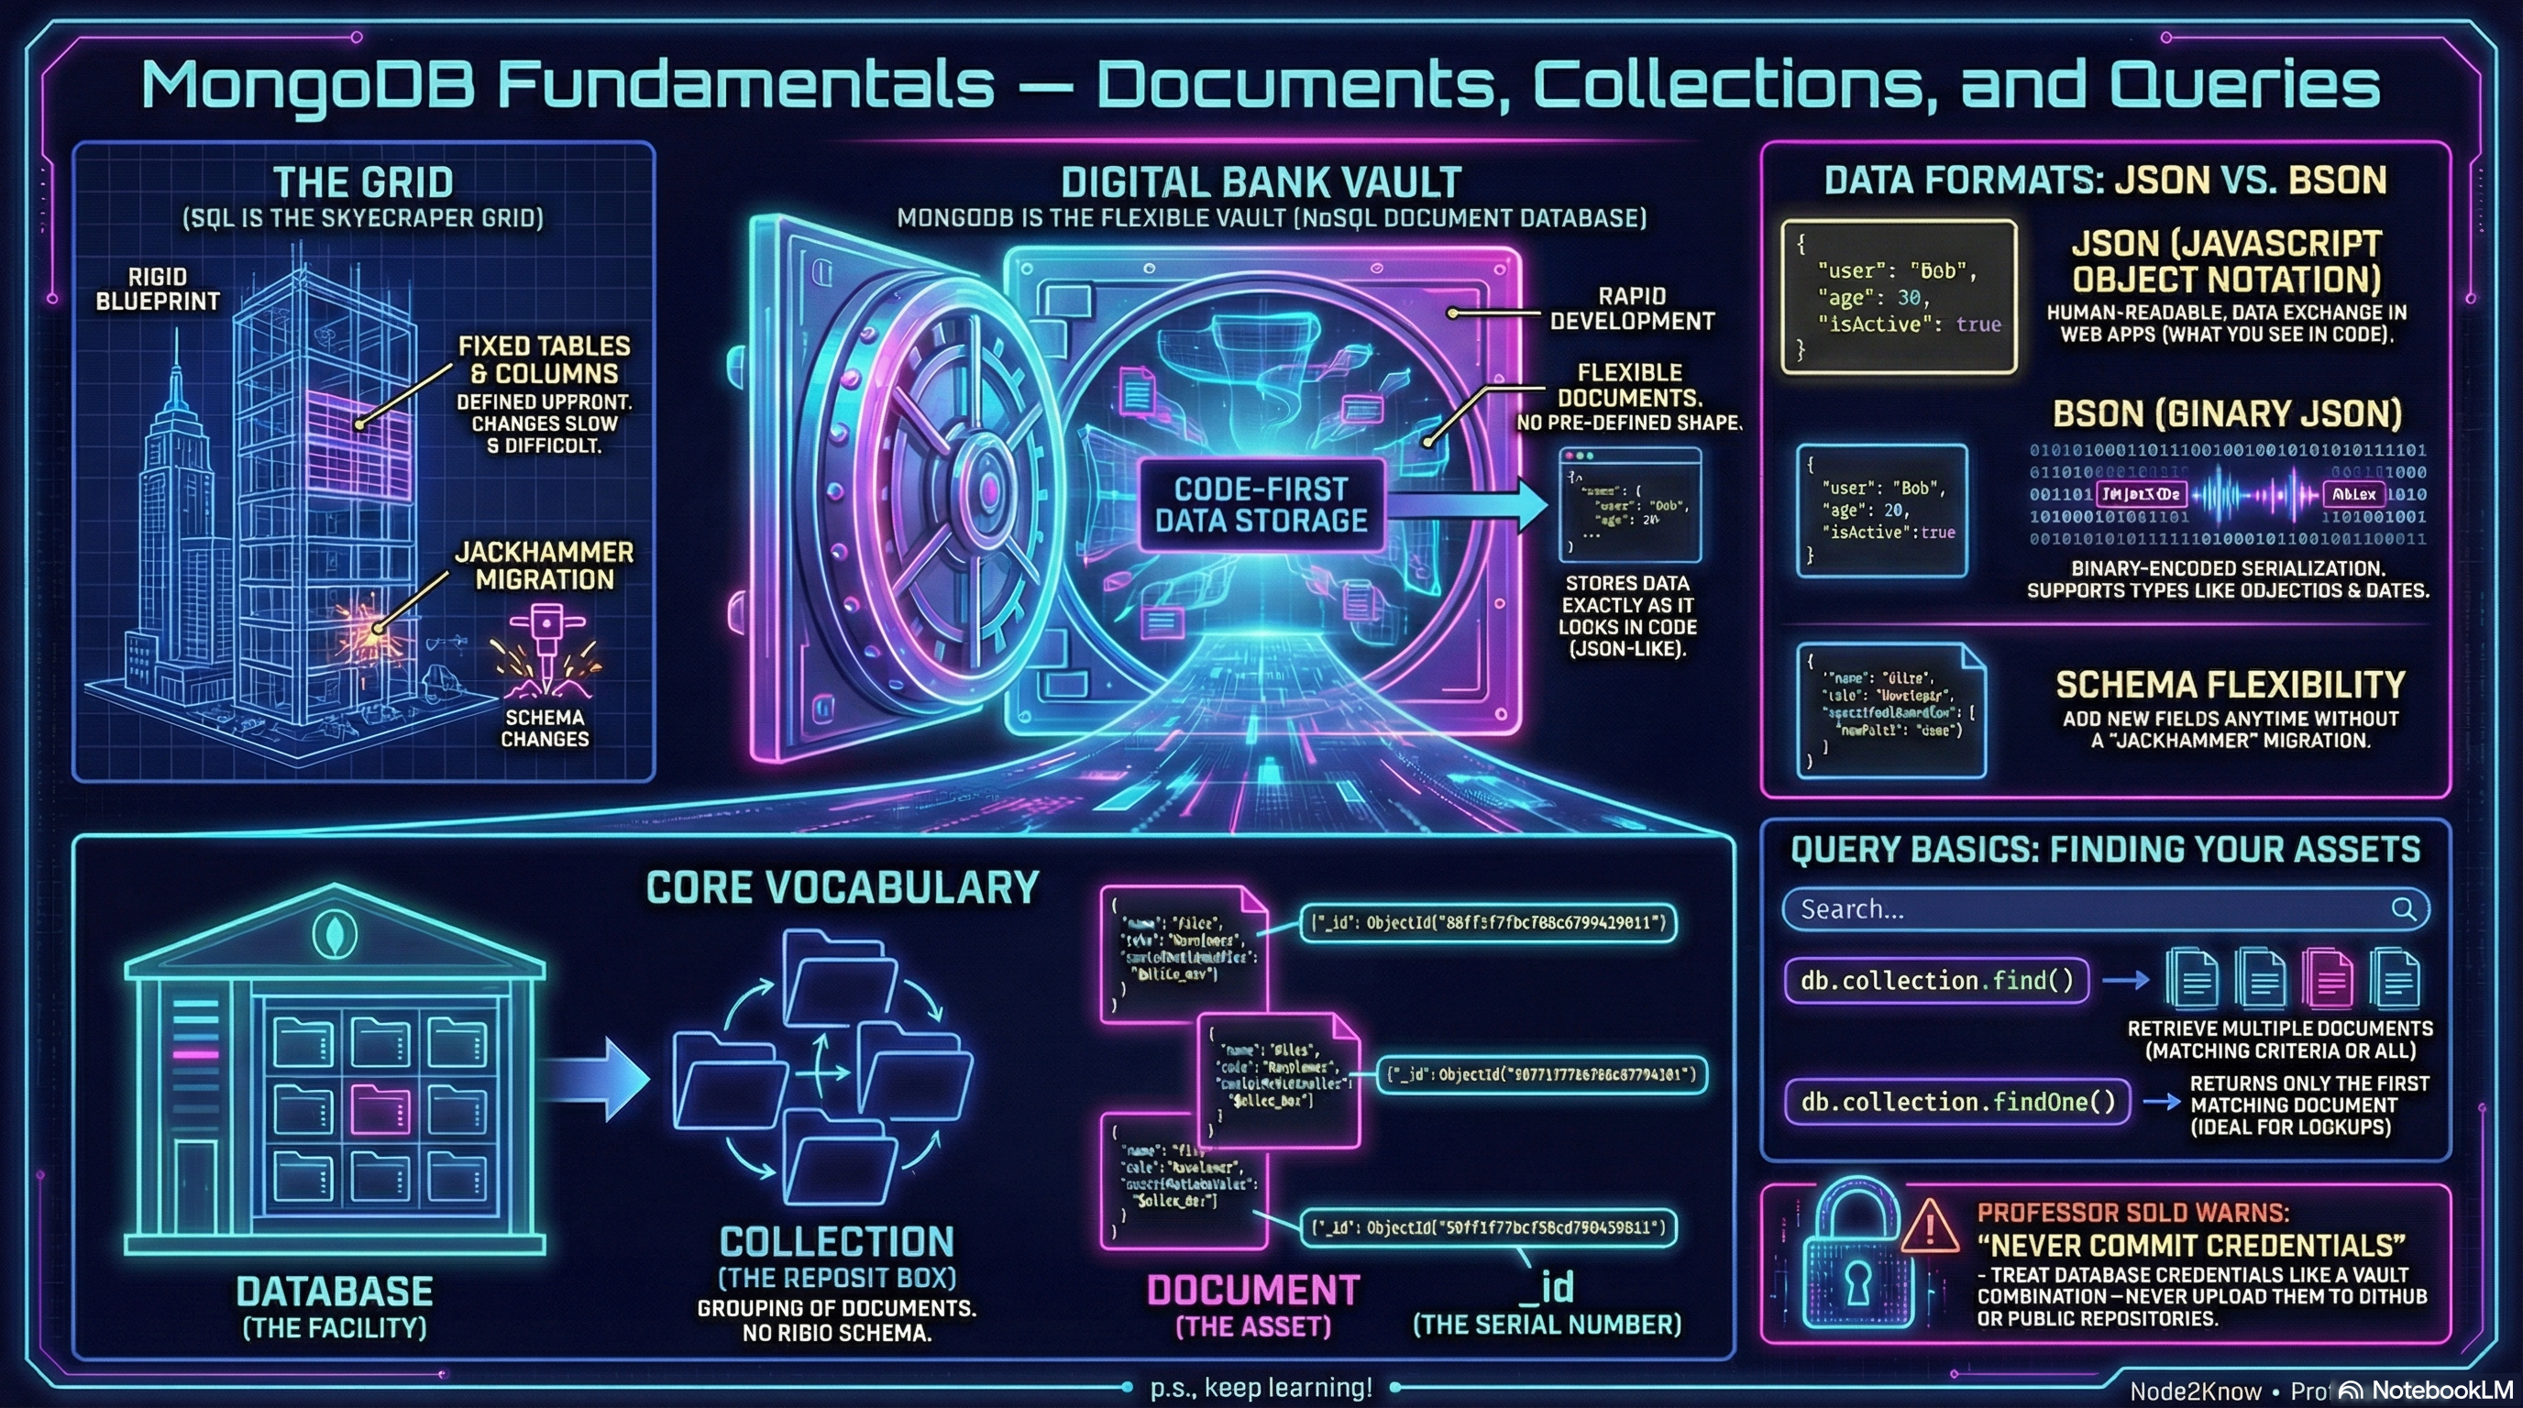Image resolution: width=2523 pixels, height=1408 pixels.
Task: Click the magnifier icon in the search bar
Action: (2403, 908)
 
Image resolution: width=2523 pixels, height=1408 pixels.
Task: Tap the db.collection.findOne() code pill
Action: (1957, 1102)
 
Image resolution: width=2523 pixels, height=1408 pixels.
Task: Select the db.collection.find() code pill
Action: (1936, 980)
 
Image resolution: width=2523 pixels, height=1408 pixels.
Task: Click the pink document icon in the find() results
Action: (2327, 978)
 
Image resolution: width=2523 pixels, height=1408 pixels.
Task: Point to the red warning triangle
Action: (1930, 1226)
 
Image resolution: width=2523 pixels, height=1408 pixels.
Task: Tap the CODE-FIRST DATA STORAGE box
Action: (1261, 504)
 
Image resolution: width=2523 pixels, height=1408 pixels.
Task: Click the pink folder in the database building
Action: (380, 1109)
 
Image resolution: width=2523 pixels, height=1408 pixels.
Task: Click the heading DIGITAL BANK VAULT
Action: (1261, 182)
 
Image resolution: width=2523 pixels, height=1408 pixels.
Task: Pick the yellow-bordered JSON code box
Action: (1898, 297)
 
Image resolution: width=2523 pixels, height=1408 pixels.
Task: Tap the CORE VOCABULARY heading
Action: (843, 887)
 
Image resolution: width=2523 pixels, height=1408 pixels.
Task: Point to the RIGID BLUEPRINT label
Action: (157, 289)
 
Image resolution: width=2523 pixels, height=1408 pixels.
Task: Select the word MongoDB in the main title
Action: (309, 85)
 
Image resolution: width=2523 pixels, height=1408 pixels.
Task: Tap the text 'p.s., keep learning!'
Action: (1261, 1387)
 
